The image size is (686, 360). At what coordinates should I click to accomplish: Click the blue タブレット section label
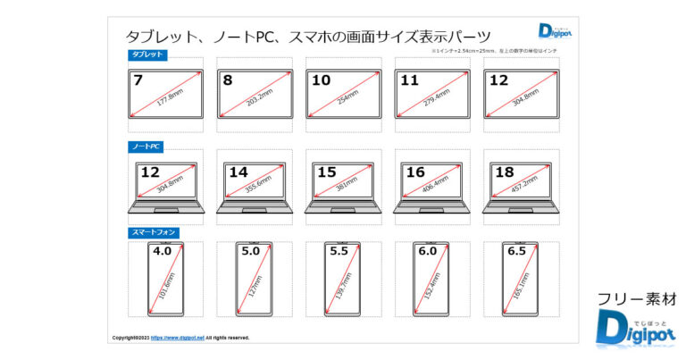click(147, 55)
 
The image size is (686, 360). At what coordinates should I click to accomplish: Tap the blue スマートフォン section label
click(154, 232)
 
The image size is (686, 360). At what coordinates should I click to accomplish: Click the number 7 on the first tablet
click(138, 80)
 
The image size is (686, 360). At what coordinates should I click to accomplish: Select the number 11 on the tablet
click(409, 80)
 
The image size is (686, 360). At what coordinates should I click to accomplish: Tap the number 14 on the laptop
click(238, 172)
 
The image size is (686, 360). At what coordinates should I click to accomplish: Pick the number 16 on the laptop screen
click(415, 172)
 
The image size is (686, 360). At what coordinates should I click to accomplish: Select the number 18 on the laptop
click(504, 172)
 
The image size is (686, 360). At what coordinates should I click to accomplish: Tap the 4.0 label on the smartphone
click(163, 252)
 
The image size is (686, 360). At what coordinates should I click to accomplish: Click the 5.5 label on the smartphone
click(339, 252)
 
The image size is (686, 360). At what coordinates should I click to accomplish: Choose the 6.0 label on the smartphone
click(428, 252)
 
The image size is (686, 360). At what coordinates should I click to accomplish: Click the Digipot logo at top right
click(557, 31)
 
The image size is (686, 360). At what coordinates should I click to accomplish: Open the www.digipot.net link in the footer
click(178, 338)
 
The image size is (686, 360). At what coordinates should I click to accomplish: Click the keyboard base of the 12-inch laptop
click(166, 207)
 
